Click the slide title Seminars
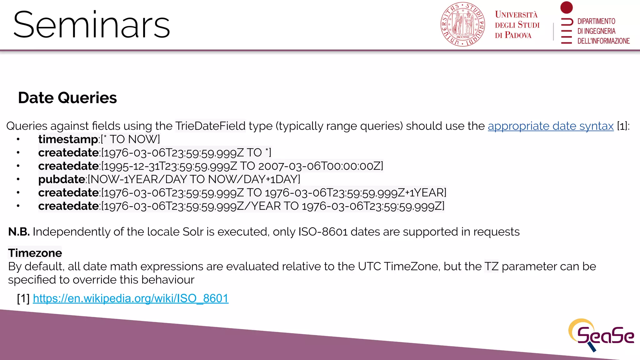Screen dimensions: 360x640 [92, 25]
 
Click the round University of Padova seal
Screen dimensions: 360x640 [462, 24]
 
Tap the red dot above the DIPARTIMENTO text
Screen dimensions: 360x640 [566, 7]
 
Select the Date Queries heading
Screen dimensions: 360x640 [67, 98]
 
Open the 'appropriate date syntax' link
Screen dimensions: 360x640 [551, 126]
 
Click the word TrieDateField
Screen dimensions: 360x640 [210, 126]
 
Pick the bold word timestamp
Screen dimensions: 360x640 [68, 139]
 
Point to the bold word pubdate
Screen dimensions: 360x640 [62, 179]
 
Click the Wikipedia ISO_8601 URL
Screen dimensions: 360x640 [131, 298]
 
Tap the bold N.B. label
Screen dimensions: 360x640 [19, 232]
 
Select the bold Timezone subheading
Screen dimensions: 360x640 [35, 253]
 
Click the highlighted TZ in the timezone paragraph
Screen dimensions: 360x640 [491, 267]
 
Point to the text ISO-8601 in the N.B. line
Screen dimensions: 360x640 [323, 232]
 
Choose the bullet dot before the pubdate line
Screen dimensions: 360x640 [18, 179]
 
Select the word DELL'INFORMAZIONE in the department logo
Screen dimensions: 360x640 [603, 41]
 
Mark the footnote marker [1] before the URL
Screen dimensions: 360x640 [23, 298]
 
